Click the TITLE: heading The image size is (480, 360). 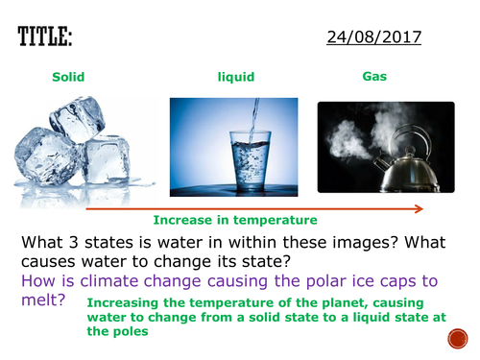pos(44,37)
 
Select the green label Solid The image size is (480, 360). pos(67,76)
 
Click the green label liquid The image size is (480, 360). pos(235,76)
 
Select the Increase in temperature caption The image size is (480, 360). pos(235,220)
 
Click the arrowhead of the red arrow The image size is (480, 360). pos(420,207)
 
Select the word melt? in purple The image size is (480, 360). pos(44,300)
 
